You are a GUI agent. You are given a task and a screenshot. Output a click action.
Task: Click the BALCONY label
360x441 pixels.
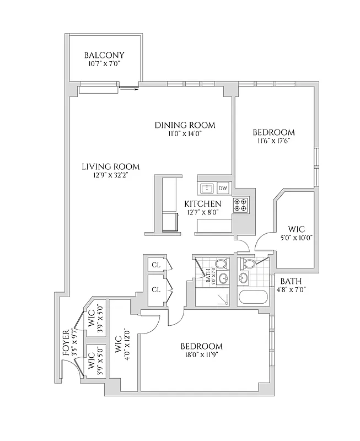[x=104, y=55]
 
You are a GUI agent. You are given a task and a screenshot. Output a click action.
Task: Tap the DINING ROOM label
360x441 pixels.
[x=184, y=125]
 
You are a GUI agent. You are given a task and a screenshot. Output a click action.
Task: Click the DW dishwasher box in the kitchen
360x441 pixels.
[x=223, y=189]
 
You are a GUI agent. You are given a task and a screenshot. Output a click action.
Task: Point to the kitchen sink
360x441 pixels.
[x=207, y=189]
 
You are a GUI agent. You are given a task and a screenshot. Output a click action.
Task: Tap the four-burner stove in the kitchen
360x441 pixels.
[x=240, y=205]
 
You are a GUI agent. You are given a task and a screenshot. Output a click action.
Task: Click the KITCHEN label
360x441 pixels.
[x=202, y=204]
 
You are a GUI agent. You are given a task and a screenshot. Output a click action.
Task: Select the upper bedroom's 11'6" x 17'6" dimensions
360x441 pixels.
[x=273, y=141]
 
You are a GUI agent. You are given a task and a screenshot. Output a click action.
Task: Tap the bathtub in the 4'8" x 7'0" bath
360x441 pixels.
[x=253, y=298]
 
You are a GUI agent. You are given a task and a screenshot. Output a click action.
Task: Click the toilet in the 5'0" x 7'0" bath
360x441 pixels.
[x=221, y=264]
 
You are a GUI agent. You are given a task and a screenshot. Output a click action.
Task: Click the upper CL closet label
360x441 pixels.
[x=155, y=265]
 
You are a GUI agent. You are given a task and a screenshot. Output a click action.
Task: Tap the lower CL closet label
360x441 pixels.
[x=155, y=289]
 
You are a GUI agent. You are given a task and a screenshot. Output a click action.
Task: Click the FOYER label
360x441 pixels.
[x=66, y=340]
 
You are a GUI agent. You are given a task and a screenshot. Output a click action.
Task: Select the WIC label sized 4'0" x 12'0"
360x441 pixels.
[x=118, y=348]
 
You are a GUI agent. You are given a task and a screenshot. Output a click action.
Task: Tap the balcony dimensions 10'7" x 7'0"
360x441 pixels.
[x=104, y=64]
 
